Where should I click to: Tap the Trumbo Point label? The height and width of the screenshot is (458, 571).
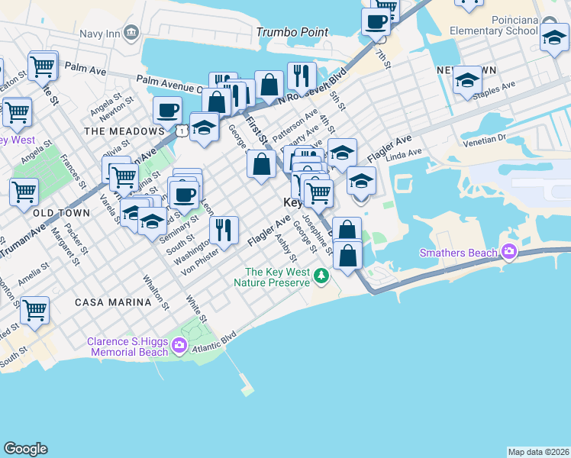click(x=292, y=32)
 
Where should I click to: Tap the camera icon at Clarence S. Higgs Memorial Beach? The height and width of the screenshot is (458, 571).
click(x=179, y=347)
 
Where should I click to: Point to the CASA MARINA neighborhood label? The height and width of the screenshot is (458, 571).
click(x=113, y=302)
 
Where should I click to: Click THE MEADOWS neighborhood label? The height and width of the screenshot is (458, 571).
click(x=124, y=131)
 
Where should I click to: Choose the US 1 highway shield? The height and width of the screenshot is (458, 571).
click(x=182, y=131)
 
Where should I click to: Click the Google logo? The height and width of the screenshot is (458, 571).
click(x=25, y=449)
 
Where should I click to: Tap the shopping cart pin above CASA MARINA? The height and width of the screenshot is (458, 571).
click(x=34, y=309)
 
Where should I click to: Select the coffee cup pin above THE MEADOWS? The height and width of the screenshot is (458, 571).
click(x=167, y=110)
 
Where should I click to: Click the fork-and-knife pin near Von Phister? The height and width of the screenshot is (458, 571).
click(x=224, y=229)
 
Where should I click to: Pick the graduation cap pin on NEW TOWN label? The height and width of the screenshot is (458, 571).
click(x=466, y=80)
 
